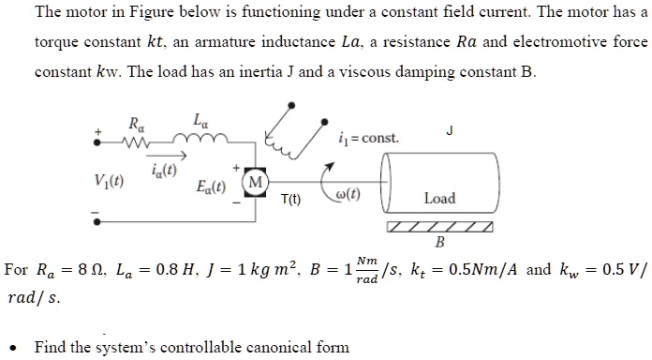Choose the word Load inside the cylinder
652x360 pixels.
point(438,198)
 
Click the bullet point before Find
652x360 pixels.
point(18,347)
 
